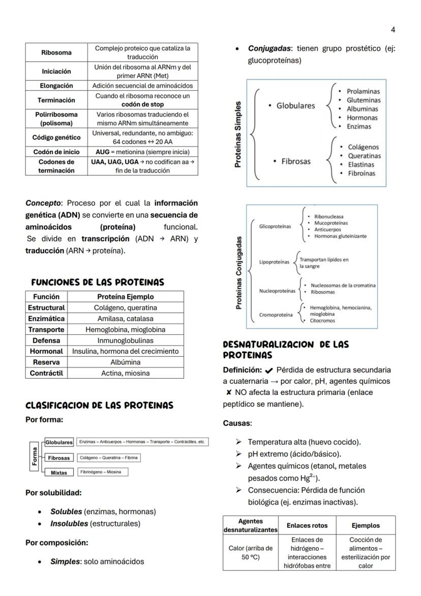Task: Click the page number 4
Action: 393,30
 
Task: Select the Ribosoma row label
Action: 56,52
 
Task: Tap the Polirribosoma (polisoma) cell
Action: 56,119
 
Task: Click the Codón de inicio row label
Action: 56,152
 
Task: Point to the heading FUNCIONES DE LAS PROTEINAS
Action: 98,282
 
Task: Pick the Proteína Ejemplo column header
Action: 125,297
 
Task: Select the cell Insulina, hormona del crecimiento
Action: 125,351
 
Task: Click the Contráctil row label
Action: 47,373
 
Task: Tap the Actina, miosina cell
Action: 125,373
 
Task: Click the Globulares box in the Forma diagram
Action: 59,442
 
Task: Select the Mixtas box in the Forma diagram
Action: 59,472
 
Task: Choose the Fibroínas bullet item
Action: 361,174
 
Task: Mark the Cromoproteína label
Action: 276,315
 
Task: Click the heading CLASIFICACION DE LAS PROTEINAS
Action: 99,406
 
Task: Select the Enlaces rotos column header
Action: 307,525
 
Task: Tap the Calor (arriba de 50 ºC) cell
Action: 251,552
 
